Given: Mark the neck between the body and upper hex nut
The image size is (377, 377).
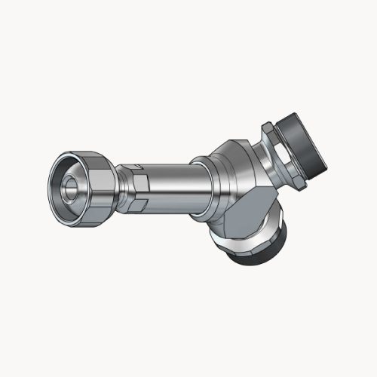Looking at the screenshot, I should point(264,155).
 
